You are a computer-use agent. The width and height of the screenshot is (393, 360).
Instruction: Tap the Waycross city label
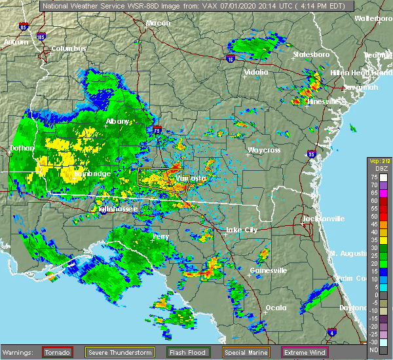pyautogui.click(x=264, y=151)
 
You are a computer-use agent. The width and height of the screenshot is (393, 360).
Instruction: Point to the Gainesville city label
pyautogui.click(x=269, y=270)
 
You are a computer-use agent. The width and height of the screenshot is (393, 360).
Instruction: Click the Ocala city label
pyautogui.click(x=275, y=308)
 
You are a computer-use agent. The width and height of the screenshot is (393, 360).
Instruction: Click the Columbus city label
pyautogui.click(x=70, y=49)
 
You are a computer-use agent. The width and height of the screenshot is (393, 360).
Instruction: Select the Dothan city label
pyautogui.click(x=22, y=149)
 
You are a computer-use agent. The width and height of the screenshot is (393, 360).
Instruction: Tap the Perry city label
pyautogui.click(x=160, y=236)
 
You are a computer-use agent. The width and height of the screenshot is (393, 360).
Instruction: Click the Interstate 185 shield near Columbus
pyautogui.click(x=41, y=37)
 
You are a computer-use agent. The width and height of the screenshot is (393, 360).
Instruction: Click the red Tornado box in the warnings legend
pyautogui.click(x=58, y=353)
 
